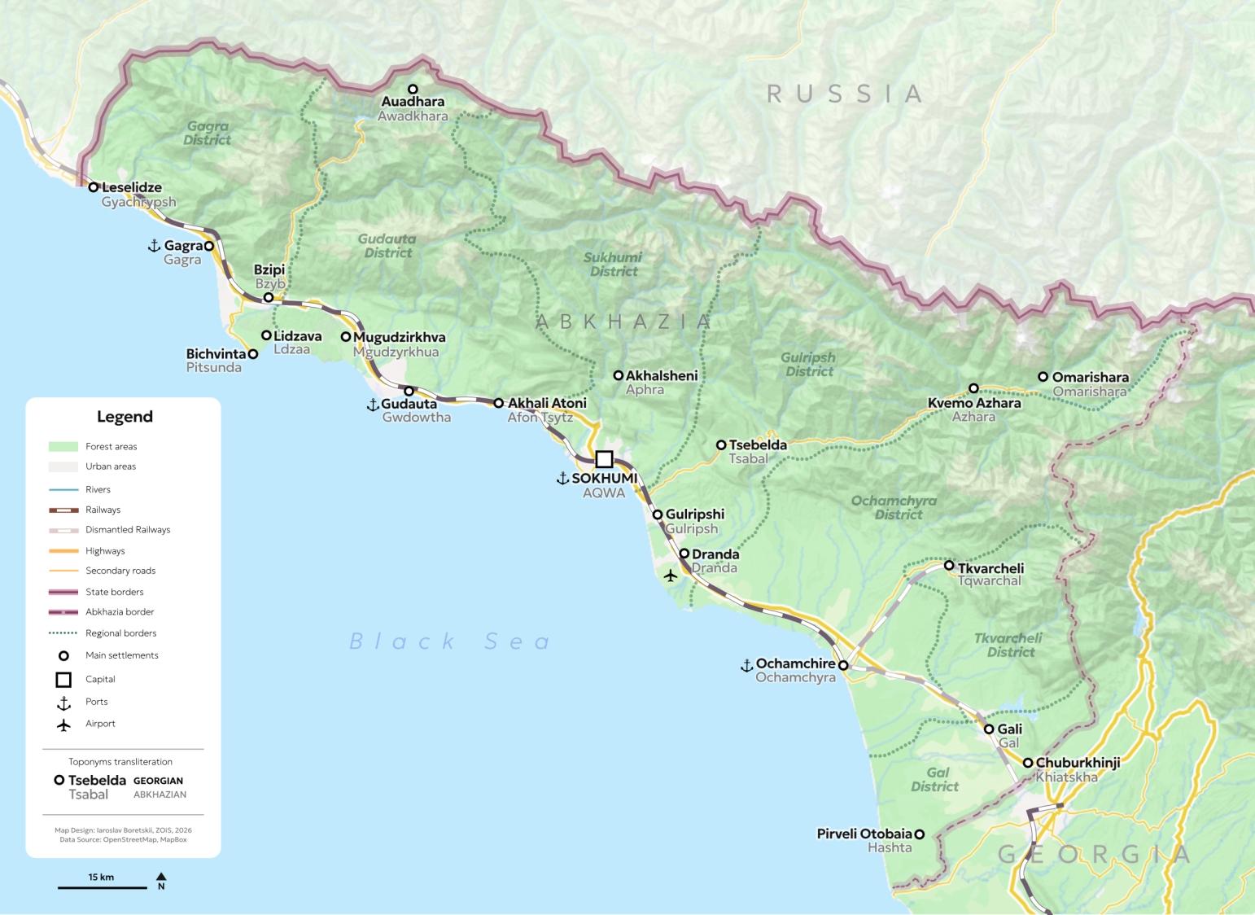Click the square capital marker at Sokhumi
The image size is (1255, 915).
[x=604, y=458]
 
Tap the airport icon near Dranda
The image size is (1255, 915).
[x=670, y=576]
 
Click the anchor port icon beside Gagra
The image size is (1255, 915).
[x=153, y=245]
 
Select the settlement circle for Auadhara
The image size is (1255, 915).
[x=413, y=89]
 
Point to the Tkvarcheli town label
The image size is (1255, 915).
[x=990, y=568]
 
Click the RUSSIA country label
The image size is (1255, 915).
[x=844, y=94]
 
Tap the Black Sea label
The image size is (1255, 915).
[x=450, y=641]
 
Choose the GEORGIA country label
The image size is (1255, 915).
[x=1094, y=854]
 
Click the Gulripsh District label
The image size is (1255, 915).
[x=807, y=364]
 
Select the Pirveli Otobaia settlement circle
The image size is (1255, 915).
[x=919, y=834]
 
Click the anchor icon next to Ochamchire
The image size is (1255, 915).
[x=746, y=665]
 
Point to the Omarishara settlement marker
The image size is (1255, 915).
[x=1043, y=377]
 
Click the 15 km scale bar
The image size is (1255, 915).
[x=101, y=886]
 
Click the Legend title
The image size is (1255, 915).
[x=125, y=417]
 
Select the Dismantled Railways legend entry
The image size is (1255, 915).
[x=127, y=529]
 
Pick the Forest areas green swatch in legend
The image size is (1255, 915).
[x=63, y=446]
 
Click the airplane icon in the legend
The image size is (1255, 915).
[x=63, y=724]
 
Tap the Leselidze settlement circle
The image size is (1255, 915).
[x=94, y=187]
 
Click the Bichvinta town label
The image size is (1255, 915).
[x=216, y=354]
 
